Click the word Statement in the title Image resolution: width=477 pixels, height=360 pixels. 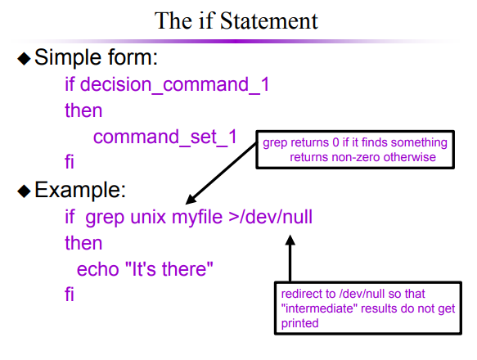tap(269, 21)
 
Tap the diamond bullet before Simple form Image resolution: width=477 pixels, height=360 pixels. tap(24, 58)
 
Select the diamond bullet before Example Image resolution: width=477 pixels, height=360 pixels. tap(24, 191)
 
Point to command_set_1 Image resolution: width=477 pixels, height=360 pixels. tap(165, 137)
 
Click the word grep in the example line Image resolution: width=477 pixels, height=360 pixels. tap(105, 218)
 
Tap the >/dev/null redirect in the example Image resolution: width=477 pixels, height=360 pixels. tap(271, 217)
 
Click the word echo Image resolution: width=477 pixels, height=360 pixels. tap(97, 269)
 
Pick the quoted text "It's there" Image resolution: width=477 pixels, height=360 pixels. tap(169, 268)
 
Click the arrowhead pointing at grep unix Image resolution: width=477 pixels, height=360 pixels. tap(191, 200)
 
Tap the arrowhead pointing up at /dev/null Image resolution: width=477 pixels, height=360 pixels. tap(290, 240)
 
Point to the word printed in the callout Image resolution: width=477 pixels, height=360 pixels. tap(299, 323)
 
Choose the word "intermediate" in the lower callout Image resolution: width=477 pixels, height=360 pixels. tap(319, 308)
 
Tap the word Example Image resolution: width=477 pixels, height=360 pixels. tap(80, 190)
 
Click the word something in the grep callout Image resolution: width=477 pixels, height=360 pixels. tap(419, 143)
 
